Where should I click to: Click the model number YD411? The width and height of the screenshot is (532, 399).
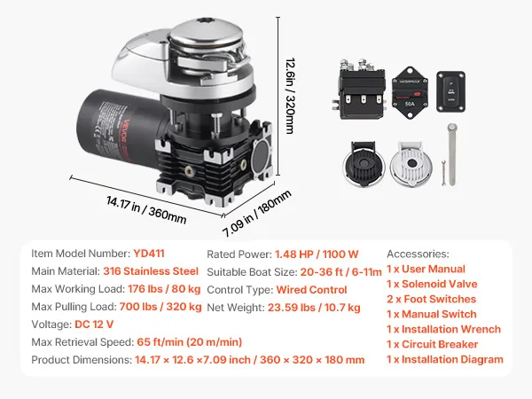click(x=149, y=254)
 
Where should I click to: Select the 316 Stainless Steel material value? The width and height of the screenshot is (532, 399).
click(x=151, y=271)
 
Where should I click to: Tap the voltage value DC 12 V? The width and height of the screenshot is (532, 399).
click(x=94, y=325)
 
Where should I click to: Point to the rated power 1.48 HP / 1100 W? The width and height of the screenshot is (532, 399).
click(x=317, y=254)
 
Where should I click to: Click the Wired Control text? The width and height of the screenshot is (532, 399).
click(x=311, y=290)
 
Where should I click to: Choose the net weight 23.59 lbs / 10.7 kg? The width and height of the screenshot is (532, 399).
click(x=314, y=308)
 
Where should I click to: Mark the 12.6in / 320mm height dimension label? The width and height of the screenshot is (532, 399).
click(x=290, y=96)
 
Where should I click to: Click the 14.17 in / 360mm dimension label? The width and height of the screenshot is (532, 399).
click(x=146, y=210)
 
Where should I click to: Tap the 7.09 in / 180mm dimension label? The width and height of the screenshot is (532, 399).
click(x=257, y=214)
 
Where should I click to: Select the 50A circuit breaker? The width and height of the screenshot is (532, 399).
click(x=410, y=92)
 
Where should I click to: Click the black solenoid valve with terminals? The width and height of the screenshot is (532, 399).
click(x=360, y=89)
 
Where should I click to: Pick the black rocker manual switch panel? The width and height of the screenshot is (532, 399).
click(x=450, y=91)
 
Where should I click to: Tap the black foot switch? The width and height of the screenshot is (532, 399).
click(x=364, y=164)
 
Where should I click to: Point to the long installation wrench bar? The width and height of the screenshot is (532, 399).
click(x=452, y=154)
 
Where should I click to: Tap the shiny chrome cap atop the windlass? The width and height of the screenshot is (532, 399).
click(x=206, y=34)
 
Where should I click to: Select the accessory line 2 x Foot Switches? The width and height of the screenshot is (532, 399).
click(x=431, y=299)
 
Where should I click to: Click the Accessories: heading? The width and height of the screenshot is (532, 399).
click(x=418, y=254)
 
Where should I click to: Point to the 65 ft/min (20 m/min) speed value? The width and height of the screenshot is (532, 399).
click(x=190, y=342)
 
